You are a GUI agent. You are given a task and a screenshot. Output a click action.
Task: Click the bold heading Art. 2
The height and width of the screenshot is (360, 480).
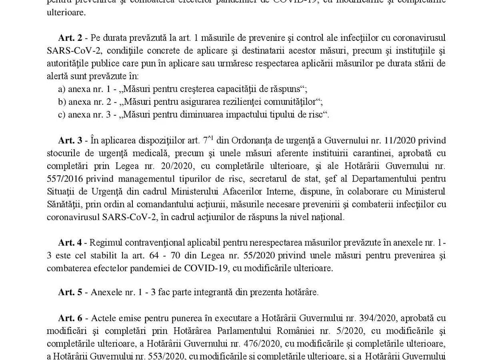pos(70,38)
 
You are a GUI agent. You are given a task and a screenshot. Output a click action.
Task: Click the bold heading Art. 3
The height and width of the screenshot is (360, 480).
pos(70,140)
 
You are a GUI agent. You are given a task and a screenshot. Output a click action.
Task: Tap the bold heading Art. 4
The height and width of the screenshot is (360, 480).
pos(70,243)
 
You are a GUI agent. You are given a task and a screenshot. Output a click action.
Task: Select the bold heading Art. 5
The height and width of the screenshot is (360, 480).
pos(70,292)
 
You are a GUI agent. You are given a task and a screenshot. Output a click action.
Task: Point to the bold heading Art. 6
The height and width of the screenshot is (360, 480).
pos(70,318)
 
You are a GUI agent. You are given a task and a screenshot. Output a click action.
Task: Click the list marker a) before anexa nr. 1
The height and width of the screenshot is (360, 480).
pos(62,89)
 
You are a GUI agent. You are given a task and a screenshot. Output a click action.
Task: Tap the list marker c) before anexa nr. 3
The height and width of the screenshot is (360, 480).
pos(62,115)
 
